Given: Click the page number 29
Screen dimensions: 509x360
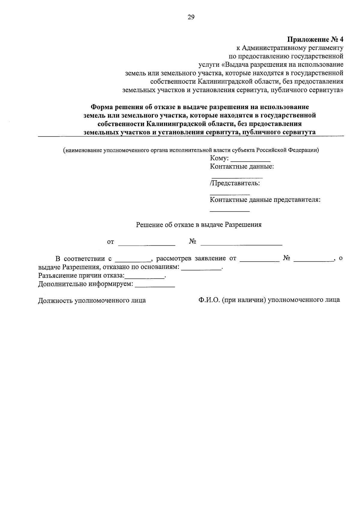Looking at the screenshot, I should [x=191, y=17].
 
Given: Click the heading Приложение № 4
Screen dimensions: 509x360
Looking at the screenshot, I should [x=315, y=39].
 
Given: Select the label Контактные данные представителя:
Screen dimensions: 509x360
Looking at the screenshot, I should [x=265, y=200].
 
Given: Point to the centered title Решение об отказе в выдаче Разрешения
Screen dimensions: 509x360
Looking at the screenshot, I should [x=199, y=225].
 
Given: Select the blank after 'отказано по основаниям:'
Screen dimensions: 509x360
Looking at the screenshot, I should [x=201, y=269].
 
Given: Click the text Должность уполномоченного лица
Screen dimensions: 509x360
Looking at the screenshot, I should [x=92, y=300].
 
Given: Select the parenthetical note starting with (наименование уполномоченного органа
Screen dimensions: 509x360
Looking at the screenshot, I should [x=190, y=151].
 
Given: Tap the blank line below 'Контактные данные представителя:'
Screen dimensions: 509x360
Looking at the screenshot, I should [x=229, y=211].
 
